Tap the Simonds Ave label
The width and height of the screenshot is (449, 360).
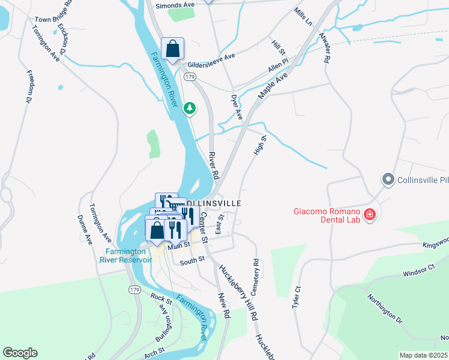pyautogui.click(x=176, y=5)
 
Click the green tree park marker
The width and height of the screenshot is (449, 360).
pyautogui.click(x=190, y=108)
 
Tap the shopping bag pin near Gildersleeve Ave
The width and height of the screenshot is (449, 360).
pyautogui.click(x=172, y=49)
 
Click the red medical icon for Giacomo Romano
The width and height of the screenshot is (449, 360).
pyautogui.click(x=369, y=214)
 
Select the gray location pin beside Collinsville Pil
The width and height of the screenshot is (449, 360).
pyautogui.click(x=388, y=179)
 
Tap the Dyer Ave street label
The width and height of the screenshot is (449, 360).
pyautogui.click(x=237, y=106)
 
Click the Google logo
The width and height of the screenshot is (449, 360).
pyautogui.click(x=20, y=353)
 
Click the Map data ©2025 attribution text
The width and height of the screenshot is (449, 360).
pyautogui.click(x=423, y=355)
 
